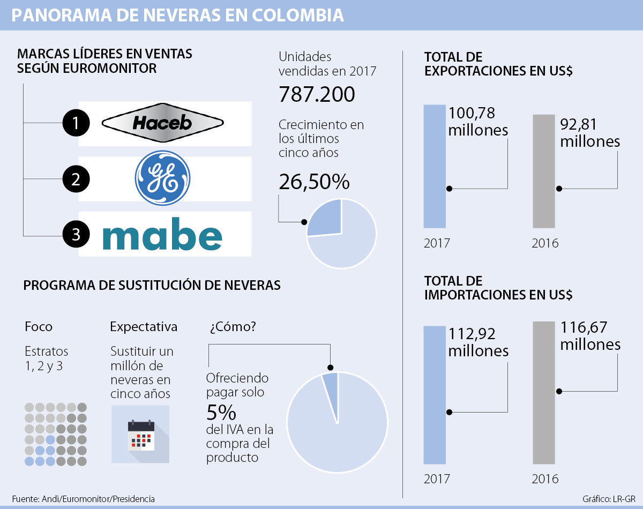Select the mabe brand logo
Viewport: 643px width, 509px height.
point(162,236)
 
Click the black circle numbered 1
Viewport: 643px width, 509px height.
point(76,124)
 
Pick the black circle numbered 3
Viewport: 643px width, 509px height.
point(76,235)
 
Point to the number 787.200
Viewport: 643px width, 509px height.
point(317,94)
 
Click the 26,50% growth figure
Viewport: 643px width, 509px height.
point(314,182)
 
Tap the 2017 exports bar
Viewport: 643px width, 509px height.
point(434,166)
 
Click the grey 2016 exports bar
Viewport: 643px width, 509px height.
point(544,171)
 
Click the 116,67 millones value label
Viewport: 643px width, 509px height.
point(590,335)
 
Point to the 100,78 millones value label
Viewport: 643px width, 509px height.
point(478,121)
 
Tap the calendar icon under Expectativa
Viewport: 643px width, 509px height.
point(140,434)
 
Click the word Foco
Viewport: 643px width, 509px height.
point(39,326)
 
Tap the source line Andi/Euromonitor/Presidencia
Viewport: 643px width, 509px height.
point(83,499)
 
